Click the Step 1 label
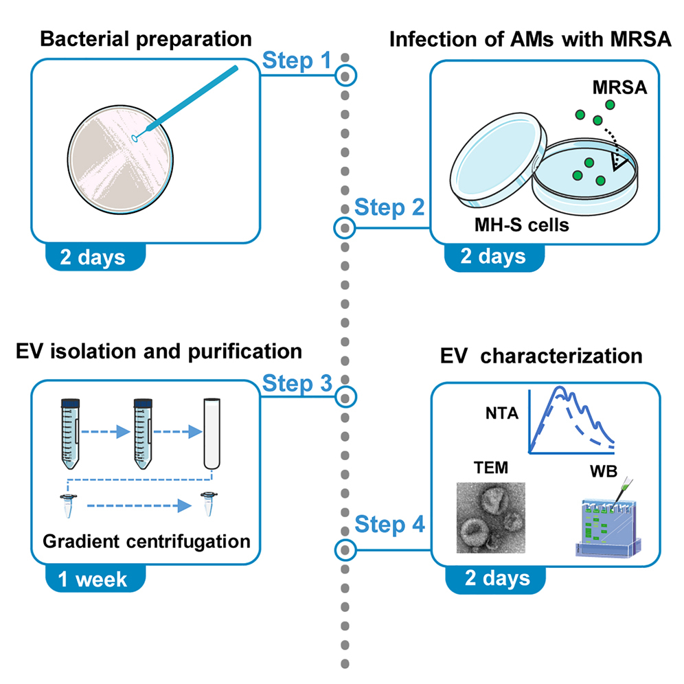297,61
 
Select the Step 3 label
297,384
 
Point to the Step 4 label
389,525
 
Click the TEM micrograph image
491,517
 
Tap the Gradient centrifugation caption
146,541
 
